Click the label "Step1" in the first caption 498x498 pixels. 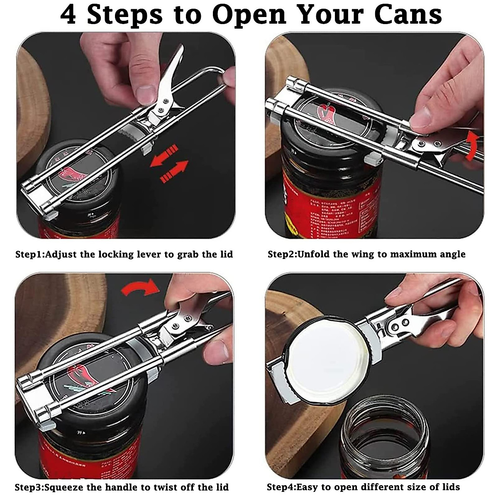(29, 254)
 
